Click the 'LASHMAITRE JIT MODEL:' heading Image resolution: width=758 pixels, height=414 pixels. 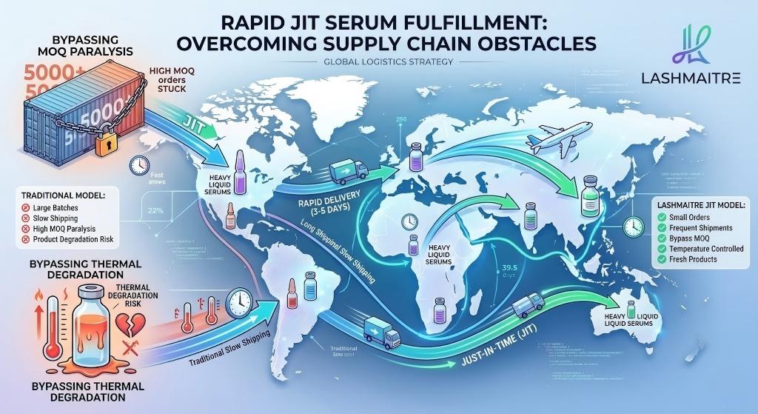coord(698,204)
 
